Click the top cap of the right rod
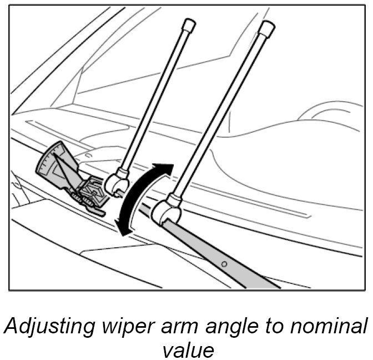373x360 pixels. point(266,27)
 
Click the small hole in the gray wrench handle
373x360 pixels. point(225,262)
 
